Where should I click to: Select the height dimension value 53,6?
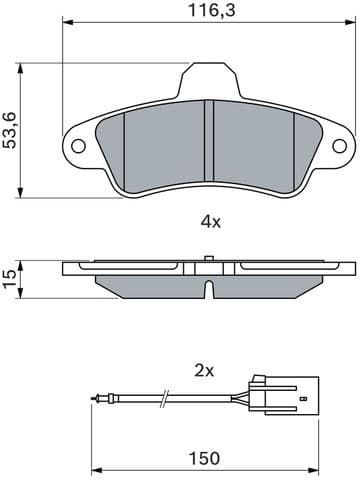[x=11, y=129]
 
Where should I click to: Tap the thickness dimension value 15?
[x=10, y=278]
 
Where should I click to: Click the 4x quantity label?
[x=209, y=222]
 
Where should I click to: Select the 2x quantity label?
[x=204, y=370]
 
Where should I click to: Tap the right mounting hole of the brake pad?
[x=340, y=145]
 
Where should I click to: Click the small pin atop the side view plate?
[x=207, y=259]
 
